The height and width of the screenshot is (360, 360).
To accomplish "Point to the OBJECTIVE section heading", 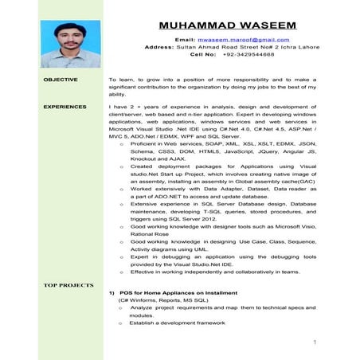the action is point(61,80).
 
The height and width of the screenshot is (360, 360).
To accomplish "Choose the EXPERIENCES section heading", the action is point(65,106).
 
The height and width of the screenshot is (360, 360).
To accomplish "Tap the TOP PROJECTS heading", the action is point(68,284).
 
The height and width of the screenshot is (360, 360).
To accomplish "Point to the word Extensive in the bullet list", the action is point(143,203).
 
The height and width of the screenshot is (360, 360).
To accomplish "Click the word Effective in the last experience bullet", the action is point(143,272).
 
